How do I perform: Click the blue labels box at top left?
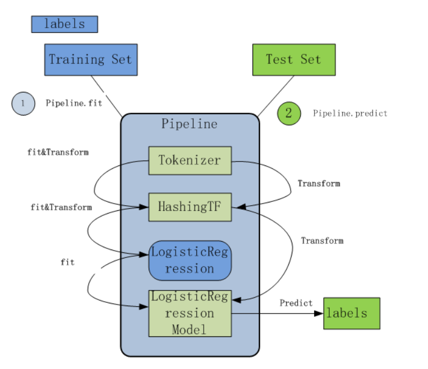[65, 24]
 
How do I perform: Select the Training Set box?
[90, 59]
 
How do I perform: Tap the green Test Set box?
[293, 59]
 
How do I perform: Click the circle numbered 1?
[23, 103]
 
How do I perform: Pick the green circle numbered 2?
[289, 113]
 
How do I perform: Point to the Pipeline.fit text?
[74, 103]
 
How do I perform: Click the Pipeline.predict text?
[350, 113]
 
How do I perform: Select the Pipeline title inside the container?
[190, 124]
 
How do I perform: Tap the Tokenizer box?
[190, 160]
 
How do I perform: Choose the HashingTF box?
[190, 206]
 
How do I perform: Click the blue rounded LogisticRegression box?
[190, 261]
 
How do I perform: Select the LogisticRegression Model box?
[190, 313]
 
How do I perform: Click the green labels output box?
[352, 313]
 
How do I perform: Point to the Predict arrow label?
[296, 303]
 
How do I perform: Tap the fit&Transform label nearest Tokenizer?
[58, 152]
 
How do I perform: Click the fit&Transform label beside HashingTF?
[61, 207]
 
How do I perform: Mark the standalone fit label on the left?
[67, 262]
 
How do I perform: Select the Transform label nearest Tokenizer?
[319, 183]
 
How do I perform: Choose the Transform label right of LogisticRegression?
[322, 241]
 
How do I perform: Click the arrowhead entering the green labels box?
[320, 313]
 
